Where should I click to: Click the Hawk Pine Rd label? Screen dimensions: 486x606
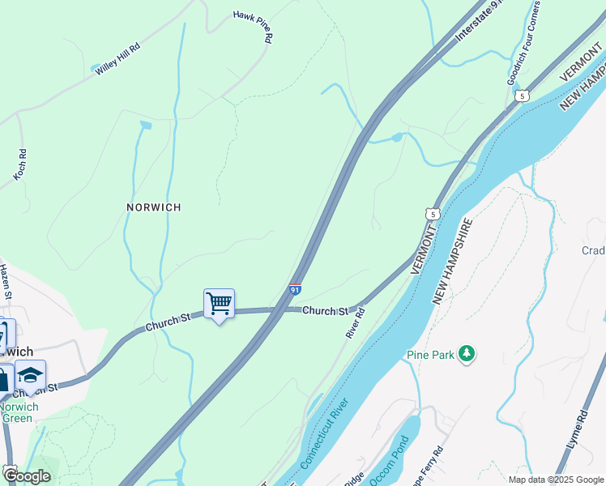pos(254,26)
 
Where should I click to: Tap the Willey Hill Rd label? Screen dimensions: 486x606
pos(117,59)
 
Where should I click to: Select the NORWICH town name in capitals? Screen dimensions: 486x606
pos(153,207)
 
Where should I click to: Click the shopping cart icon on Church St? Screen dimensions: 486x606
pos(219,305)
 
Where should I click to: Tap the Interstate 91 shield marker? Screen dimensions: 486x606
pos(297,288)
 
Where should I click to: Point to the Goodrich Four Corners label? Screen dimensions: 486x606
pos(523,49)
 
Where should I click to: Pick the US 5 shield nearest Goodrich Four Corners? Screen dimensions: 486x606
pos(523,96)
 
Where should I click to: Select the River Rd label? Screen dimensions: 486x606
pos(356,322)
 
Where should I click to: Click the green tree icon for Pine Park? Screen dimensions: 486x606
pos(466,353)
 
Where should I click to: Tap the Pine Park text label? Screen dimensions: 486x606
pos(430,355)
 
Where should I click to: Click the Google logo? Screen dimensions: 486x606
pos(26,475)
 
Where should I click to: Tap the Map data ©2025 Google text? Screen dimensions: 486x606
pos(556,480)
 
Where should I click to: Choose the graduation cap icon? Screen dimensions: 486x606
pos(30,375)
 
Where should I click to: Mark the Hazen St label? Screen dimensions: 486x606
pos(5,282)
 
